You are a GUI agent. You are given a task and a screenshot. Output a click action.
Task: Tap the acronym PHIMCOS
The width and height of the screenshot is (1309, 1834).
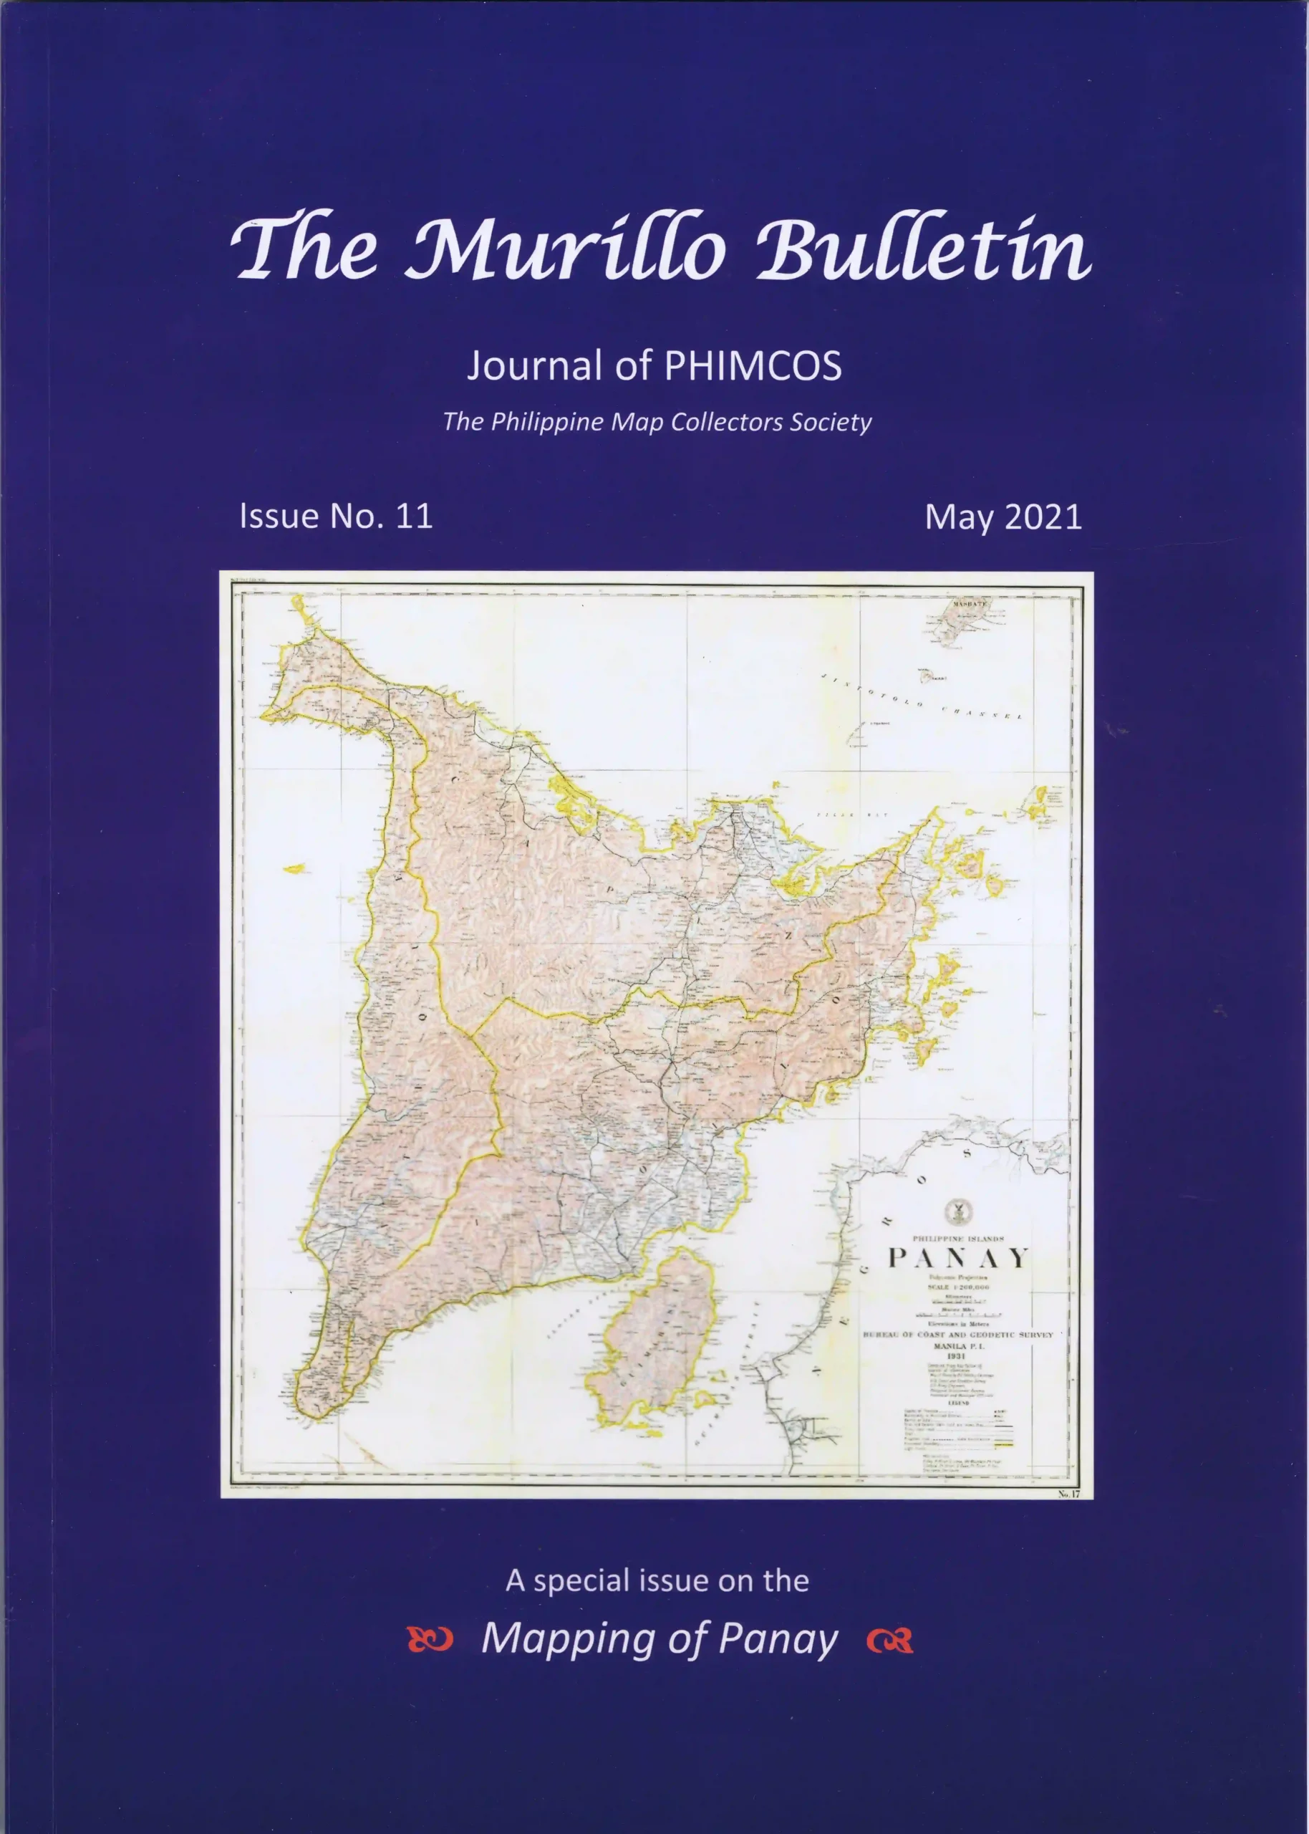click(753, 366)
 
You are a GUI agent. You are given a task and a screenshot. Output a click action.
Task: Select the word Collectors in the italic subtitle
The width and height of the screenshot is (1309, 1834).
click(728, 422)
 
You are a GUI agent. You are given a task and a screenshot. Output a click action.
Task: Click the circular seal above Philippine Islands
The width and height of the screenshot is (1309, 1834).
click(957, 1210)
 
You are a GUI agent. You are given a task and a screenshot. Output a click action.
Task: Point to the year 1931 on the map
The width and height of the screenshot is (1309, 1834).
click(957, 1356)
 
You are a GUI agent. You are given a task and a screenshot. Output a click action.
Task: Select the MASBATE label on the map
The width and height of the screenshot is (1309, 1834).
click(970, 604)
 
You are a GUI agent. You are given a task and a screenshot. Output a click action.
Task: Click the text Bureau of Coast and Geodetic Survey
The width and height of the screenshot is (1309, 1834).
click(957, 1335)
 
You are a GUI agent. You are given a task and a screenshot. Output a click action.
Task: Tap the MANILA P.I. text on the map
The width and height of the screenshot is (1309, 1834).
click(957, 1345)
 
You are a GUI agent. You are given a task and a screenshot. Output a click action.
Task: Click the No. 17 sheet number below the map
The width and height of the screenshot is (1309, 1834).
click(1069, 1494)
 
